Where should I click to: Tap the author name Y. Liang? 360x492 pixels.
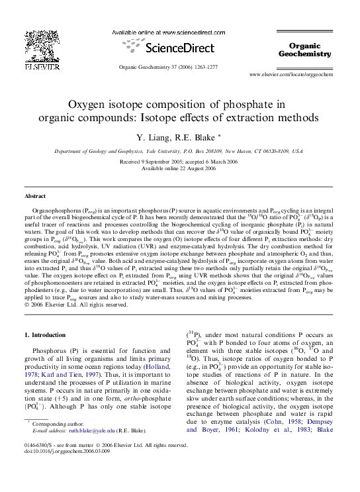(x=153, y=137)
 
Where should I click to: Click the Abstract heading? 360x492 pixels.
(x=35, y=197)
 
